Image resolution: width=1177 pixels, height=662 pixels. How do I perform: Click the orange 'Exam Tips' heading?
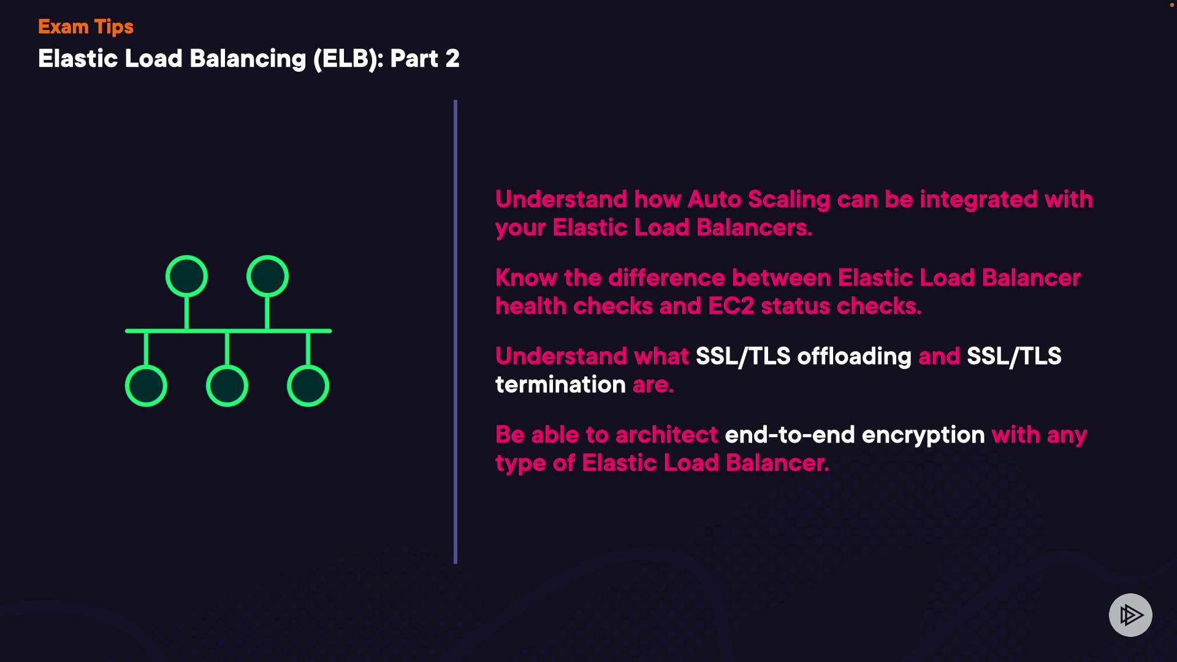(x=85, y=27)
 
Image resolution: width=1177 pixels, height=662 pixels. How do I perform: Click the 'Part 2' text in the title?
(x=424, y=59)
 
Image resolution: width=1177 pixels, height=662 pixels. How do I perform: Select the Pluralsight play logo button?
(x=1130, y=615)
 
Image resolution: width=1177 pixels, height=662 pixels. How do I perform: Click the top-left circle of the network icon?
(x=186, y=276)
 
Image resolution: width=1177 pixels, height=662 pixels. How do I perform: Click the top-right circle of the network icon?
(x=267, y=276)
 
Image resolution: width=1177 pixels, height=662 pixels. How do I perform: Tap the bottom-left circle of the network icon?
(x=146, y=386)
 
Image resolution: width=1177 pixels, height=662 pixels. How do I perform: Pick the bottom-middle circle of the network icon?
(x=227, y=386)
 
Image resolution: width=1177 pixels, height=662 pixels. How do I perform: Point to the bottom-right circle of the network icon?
(x=308, y=386)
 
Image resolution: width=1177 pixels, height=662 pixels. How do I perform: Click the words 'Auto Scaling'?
(x=759, y=200)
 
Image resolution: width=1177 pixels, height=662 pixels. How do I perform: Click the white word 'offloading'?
(x=854, y=356)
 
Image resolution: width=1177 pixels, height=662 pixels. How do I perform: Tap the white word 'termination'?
(x=560, y=385)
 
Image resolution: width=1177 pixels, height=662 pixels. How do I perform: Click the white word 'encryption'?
(x=923, y=436)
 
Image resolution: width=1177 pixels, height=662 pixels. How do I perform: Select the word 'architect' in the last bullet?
(x=666, y=435)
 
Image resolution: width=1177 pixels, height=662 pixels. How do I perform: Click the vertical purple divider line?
(x=455, y=331)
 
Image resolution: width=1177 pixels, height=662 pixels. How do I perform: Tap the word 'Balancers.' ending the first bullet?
(x=754, y=228)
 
